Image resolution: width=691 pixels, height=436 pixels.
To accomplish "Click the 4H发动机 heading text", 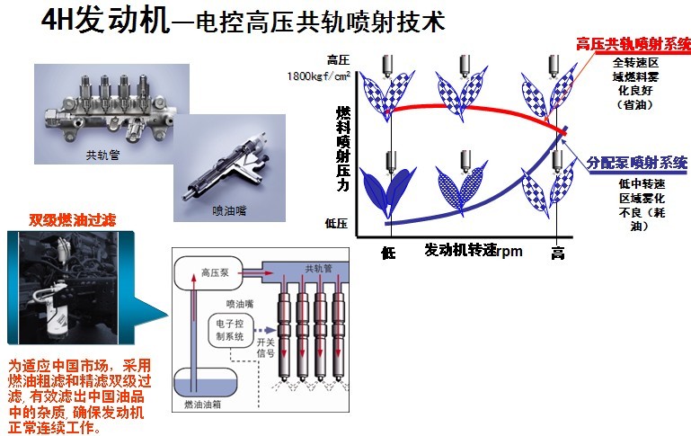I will coord(106,22).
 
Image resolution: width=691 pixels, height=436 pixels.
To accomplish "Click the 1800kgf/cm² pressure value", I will coord(319,77).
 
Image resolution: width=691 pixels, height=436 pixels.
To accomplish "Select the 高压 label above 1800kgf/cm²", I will coord(337,60).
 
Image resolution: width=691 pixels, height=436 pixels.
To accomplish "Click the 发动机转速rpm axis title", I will coord(474,251).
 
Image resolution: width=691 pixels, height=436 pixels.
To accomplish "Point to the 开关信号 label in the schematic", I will coord(267,346).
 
